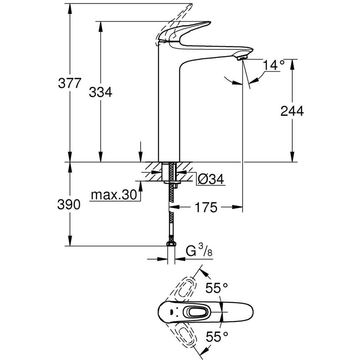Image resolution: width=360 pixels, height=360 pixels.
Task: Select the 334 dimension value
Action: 100,92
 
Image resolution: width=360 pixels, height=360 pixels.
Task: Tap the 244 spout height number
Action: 292,111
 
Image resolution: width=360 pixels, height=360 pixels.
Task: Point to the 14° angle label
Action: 273,65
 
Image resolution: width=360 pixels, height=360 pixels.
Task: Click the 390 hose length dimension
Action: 69,205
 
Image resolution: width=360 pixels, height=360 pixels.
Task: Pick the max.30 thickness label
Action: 114,195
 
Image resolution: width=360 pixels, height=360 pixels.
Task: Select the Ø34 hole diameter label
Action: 210,180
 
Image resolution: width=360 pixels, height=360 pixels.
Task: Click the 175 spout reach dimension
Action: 207,208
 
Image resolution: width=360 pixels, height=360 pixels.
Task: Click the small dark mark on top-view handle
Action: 171,313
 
